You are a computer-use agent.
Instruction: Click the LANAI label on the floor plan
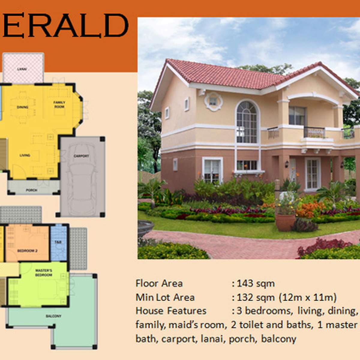pos(22,69)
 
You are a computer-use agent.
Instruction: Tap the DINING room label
pos(22,107)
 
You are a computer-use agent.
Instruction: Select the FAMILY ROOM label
pos(59,104)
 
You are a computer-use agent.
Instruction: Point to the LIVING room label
pos(25,155)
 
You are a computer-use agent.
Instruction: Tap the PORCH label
pos(31,190)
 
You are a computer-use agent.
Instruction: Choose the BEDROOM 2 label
pos(27,250)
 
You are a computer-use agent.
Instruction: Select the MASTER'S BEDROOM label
pos(43,272)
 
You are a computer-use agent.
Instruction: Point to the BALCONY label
pos(54,316)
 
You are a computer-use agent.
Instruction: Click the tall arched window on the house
pos(247,122)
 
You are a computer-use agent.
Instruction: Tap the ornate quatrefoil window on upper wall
pos(213,101)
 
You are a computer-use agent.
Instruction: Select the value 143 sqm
pos(255,283)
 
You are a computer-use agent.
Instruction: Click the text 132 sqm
pos(255,298)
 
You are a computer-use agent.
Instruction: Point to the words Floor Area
pos(159,283)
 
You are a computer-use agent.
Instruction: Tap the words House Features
pos(171,311)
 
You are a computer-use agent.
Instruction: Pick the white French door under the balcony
pos(313,174)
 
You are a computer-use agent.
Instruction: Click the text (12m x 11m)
pos(308,298)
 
